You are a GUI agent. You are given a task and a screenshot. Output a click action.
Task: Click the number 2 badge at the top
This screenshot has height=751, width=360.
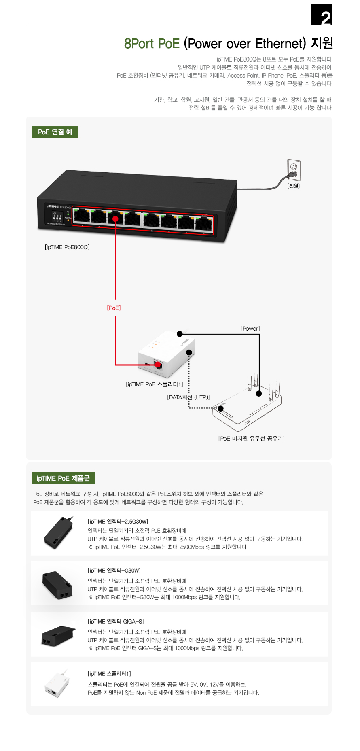[x=322, y=15]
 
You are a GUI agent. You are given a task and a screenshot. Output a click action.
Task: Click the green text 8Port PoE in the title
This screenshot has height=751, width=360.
[x=152, y=44]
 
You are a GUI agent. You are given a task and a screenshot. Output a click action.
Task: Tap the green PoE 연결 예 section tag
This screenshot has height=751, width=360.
[x=55, y=132]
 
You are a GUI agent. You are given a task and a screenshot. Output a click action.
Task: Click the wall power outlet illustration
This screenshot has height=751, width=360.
[x=294, y=170]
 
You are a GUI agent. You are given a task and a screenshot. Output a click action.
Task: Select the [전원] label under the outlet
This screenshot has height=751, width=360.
[x=294, y=186]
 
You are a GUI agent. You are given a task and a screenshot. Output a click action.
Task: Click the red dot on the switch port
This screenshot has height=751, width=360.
[x=115, y=219]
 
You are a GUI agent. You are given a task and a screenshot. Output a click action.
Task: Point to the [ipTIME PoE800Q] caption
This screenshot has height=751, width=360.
[x=67, y=247]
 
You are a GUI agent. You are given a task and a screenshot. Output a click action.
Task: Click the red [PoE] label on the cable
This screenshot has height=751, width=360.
[x=114, y=308]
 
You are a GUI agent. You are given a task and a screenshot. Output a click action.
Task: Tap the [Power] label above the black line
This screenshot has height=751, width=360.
[x=250, y=328]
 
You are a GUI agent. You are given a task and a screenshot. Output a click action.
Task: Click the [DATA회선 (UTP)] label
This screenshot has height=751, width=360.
[x=188, y=397]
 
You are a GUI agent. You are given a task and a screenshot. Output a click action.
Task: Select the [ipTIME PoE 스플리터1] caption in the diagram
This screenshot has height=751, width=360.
[x=155, y=384]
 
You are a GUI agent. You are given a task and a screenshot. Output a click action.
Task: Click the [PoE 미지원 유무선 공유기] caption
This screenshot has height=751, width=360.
[x=251, y=438]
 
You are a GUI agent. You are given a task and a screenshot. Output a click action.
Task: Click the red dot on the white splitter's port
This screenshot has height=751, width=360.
[x=158, y=365]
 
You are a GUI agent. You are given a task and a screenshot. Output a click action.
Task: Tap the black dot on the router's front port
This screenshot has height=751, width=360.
[x=220, y=408]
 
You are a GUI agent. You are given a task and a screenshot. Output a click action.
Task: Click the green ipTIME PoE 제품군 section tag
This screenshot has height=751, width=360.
[x=63, y=478]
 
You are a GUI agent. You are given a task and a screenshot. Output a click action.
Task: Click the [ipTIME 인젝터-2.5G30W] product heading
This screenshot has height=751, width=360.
[x=118, y=522]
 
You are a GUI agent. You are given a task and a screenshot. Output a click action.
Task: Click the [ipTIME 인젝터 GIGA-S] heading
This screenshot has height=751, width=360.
[x=116, y=621]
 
